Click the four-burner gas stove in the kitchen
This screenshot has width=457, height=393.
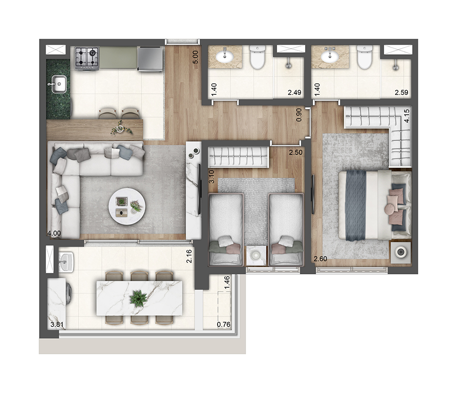(x=87, y=58)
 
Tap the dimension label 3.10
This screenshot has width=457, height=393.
(x=212, y=176)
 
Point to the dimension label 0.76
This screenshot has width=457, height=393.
(x=223, y=325)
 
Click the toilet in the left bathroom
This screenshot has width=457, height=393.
(x=258, y=57)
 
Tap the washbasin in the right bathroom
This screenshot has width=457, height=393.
(x=329, y=57)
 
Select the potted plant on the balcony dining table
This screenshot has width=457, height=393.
(x=139, y=298)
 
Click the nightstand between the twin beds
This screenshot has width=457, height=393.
(x=256, y=256)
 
